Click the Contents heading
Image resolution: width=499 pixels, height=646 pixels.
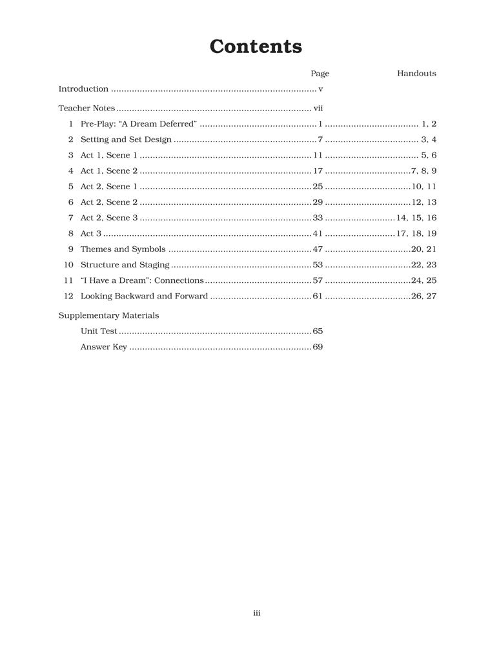pos(256,47)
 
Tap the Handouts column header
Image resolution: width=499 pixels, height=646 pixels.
pos(416,74)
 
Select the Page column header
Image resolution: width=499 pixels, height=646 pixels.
pos(320,74)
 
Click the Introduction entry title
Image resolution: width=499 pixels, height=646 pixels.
pos(83,89)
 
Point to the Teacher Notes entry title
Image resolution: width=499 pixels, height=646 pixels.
pos(87,109)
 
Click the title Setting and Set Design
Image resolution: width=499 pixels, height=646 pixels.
pos(126,140)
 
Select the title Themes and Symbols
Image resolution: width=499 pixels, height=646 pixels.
pos(123,249)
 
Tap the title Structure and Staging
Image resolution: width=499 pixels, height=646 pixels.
pos(125,265)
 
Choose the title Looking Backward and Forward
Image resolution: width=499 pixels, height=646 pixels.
pos(144,297)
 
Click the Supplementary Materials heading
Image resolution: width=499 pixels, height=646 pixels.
pos(108,316)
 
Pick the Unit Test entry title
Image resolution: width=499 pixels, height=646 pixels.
pos(98,331)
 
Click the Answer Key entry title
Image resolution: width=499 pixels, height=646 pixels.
pos(103,348)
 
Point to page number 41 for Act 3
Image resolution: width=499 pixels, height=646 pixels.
pos(318,234)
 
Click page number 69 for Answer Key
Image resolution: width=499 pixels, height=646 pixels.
pos(318,348)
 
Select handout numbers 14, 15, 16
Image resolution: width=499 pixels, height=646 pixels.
pos(416,218)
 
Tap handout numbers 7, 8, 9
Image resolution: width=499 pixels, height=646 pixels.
pos(424,171)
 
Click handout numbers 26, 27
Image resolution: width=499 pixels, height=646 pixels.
pos(424,297)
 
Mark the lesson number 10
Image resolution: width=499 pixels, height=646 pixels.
pos(68,265)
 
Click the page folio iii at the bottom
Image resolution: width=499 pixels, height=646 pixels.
pos(256,613)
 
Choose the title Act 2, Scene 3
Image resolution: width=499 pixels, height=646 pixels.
pos(109,218)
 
